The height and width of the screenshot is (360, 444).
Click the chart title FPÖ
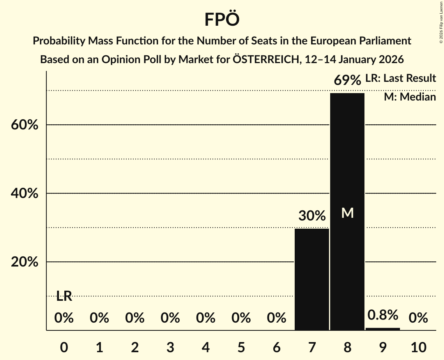click(x=221, y=19)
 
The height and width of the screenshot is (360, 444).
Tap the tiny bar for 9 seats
click(x=383, y=329)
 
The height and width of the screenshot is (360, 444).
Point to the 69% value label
click(x=347, y=81)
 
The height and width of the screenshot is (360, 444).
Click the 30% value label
click(x=312, y=216)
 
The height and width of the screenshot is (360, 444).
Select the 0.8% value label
click(x=383, y=315)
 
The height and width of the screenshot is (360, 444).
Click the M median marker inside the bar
click(x=347, y=213)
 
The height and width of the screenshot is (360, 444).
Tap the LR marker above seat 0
click(x=64, y=296)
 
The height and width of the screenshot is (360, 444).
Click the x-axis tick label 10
click(x=418, y=347)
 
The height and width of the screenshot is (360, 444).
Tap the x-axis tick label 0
click(x=64, y=347)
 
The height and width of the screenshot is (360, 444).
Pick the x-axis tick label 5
click(x=241, y=347)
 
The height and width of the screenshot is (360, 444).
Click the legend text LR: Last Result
click(x=400, y=78)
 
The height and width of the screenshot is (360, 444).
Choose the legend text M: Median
click(x=410, y=97)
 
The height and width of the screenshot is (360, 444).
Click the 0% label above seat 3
click(x=170, y=318)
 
